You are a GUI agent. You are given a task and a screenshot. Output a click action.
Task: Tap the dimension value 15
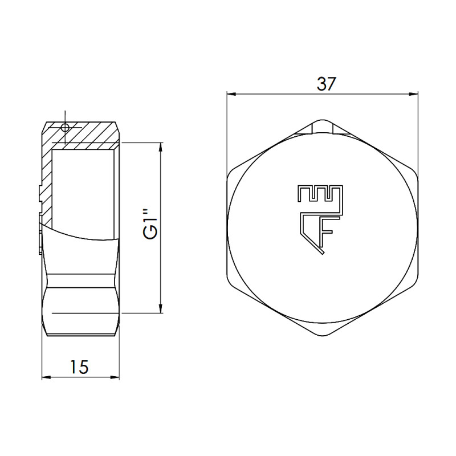click(x=80, y=367)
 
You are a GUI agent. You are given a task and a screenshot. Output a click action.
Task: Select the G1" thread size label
click(x=149, y=226)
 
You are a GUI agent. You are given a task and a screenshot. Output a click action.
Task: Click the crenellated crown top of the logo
click(x=319, y=193)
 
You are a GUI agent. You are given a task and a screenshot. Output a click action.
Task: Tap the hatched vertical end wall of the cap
click(x=47, y=182)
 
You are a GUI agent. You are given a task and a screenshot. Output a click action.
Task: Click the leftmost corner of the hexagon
click(x=227, y=228)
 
